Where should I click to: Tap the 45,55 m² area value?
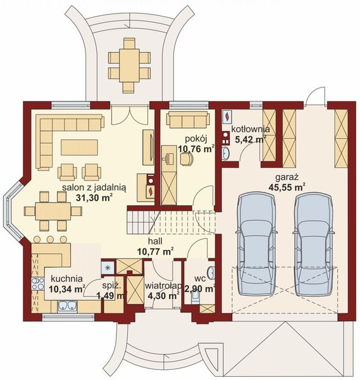coord(287,187)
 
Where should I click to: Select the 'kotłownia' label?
coord(251,129)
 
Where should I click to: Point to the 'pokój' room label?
coord(196,139)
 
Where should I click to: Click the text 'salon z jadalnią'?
coord(94,188)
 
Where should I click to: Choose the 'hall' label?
coord(155,241)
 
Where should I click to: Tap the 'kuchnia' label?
coord(67,279)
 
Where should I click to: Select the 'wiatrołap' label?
coord(163,286)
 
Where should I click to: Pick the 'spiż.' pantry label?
coord(111,286)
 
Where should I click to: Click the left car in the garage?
coord(257,244)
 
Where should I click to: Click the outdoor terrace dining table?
coord(129,65)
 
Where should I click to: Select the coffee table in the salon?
coord(80,147)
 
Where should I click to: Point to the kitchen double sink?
coord(67,306)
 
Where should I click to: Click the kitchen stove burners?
coord(38,284)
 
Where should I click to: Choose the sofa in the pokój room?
coord(188,120)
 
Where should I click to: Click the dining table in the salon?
coord(53,211)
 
